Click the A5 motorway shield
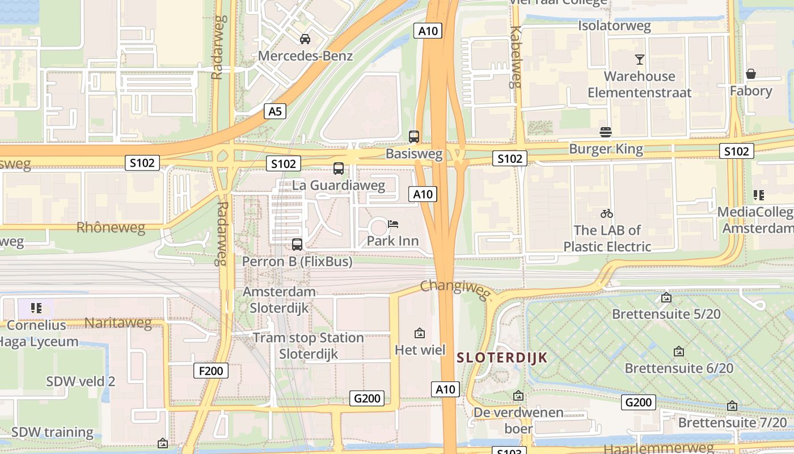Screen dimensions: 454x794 [x=274, y=111]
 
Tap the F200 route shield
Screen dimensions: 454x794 [x=211, y=371]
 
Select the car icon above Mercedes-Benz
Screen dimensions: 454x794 [x=305, y=39]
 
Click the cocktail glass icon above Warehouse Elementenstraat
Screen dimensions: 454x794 [x=640, y=59]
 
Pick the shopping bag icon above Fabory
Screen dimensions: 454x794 [x=751, y=74]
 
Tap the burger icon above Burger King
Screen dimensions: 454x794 [x=606, y=132]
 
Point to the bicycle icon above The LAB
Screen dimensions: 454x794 [x=607, y=213]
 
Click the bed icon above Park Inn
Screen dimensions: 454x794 [x=393, y=224]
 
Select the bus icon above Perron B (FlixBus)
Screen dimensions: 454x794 [x=297, y=245]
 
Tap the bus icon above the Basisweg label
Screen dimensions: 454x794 [x=414, y=137]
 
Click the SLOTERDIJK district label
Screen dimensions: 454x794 [x=502, y=358]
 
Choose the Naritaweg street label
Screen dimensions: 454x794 [x=118, y=323]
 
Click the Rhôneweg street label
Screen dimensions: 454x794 [x=111, y=228]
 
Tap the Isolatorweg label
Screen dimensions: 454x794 [x=614, y=26]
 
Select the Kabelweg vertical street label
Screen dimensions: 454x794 [x=516, y=57]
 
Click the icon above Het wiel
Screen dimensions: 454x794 [x=420, y=333]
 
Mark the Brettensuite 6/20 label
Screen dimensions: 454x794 [x=678, y=368]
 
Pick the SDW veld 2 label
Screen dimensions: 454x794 [x=81, y=381]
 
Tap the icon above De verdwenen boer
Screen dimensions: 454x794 [x=518, y=396]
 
